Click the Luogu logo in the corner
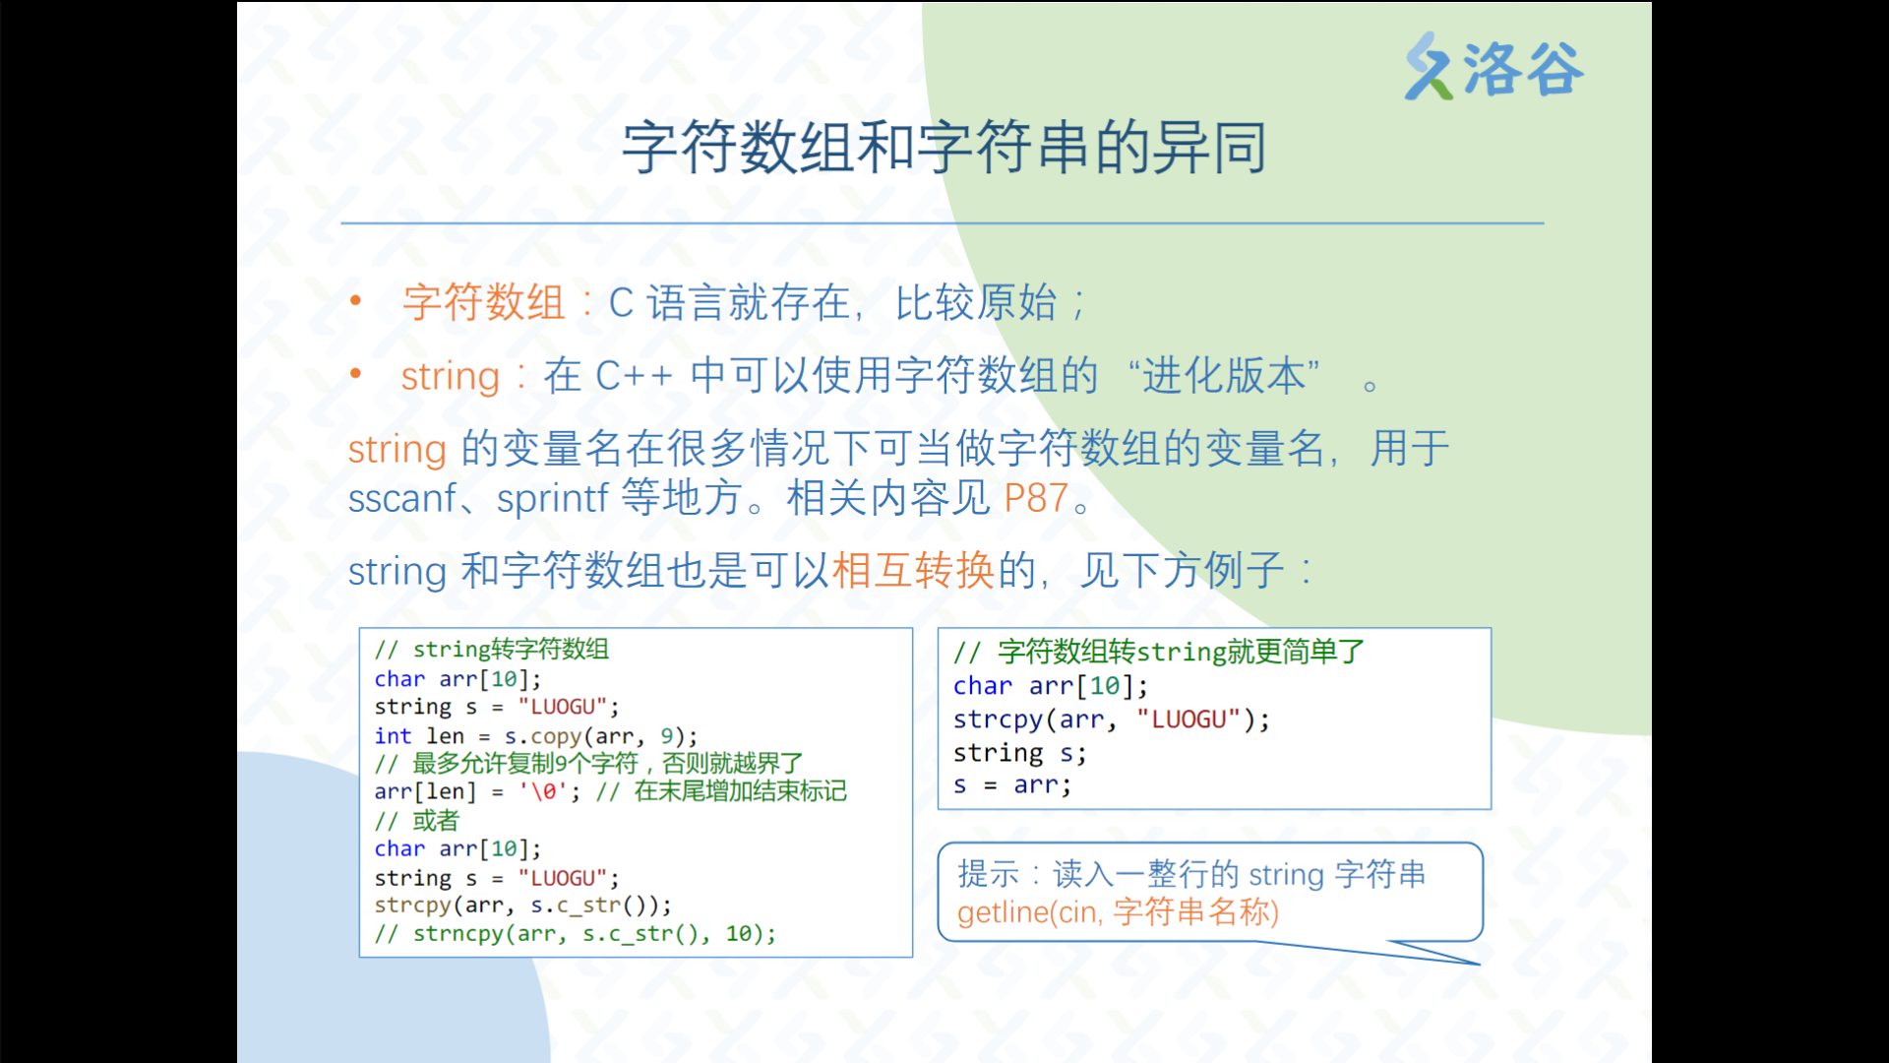click(x=1493, y=67)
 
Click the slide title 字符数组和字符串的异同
click(x=944, y=148)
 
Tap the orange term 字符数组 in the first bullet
click(x=483, y=302)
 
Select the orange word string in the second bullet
click(x=450, y=376)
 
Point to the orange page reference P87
click(x=1036, y=498)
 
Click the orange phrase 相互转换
click(x=914, y=570)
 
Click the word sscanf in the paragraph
click(x=402, y=498)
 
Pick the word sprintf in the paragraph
click(x=553, y=498)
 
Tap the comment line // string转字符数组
click(x=491, y=650)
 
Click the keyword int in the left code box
click(x=393, y=735)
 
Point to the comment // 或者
click(x=416, y=820)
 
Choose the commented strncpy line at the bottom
click(x=575, y=933)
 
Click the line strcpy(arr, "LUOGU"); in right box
click(x=1111, y=719)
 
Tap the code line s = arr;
click(x=1011, y=784)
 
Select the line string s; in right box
click(x=1019, y=753)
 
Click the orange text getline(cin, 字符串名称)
click(x=1118, y=912)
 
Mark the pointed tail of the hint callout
click(x=1479, y=964)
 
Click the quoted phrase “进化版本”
click(x=1224, y=375)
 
